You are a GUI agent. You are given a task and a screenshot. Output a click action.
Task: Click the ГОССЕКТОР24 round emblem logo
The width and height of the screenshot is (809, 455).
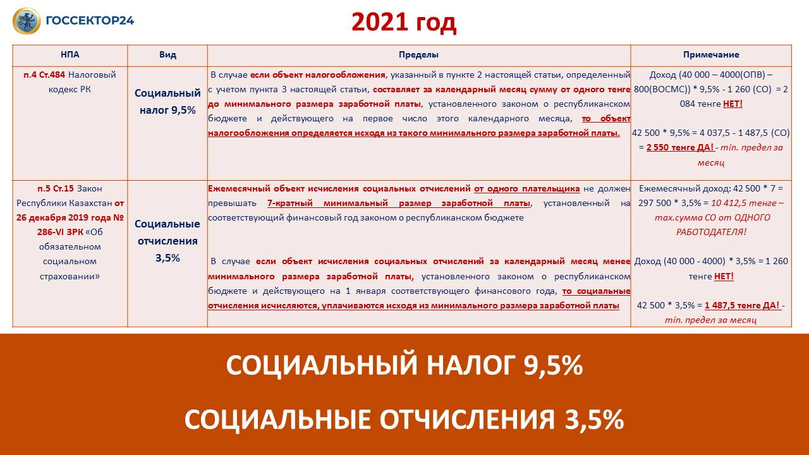point(27,21)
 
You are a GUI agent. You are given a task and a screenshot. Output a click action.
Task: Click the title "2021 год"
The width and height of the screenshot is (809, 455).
point(404,23)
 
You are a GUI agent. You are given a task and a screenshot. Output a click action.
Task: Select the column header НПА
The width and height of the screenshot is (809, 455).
point(70,55)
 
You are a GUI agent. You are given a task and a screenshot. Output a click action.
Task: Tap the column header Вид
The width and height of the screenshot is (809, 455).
point(167,55)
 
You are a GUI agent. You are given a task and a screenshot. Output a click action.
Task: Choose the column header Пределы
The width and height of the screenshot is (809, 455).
point(418,55)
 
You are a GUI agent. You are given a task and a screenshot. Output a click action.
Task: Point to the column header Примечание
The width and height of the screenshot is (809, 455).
point(711,55)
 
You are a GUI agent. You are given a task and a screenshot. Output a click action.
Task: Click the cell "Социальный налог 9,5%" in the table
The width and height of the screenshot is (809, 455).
point(167,102)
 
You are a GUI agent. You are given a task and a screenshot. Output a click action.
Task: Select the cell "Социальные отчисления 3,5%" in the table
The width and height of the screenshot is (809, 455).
point(167,241)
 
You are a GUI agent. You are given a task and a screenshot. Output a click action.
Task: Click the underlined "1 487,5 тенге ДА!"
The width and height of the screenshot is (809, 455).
point(743,305)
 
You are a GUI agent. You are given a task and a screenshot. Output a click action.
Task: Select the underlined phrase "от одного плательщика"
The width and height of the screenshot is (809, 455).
point(526,188)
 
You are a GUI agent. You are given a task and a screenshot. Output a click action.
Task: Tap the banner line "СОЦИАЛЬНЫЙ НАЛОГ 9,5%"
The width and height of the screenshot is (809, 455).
point(404,365)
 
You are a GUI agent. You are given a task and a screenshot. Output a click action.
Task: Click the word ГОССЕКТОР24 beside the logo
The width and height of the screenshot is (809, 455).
point(90,20)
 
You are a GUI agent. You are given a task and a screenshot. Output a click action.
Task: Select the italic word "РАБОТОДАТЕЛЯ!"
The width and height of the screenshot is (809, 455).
point(711,232)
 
